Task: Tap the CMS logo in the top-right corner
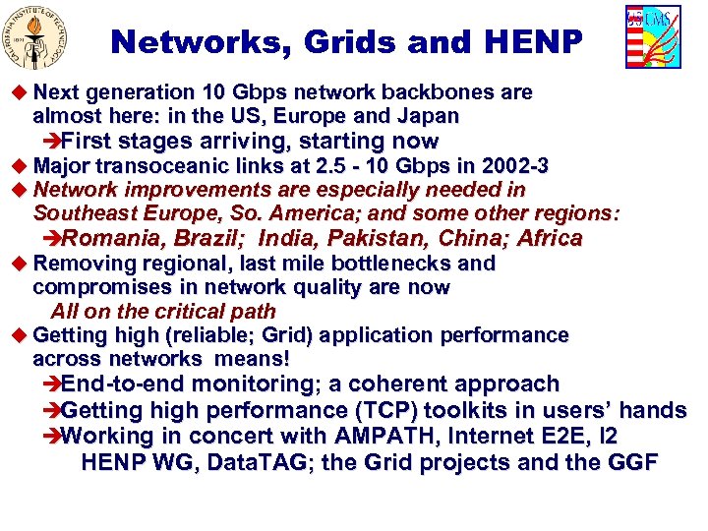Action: pos(652,37)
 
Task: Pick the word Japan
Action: pos(431,116)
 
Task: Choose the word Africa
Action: pos(551,238)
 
